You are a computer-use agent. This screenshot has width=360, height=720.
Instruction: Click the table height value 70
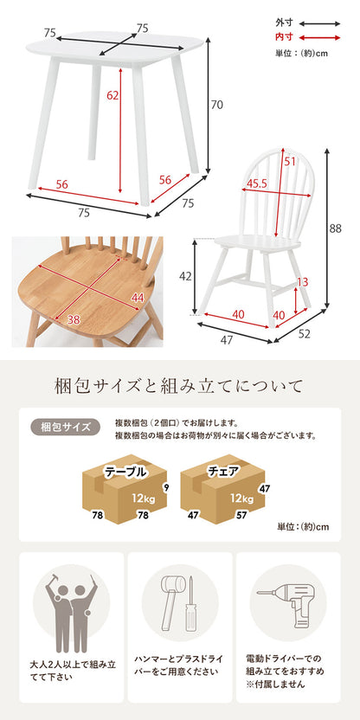click(x=217, y=105)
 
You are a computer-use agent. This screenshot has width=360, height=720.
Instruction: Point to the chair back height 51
click(x=290, y=161)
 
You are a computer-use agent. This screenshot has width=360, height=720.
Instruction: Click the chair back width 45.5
click(x=256, y=183)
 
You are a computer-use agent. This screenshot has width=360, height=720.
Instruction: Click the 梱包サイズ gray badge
click(x=65, y=427)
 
